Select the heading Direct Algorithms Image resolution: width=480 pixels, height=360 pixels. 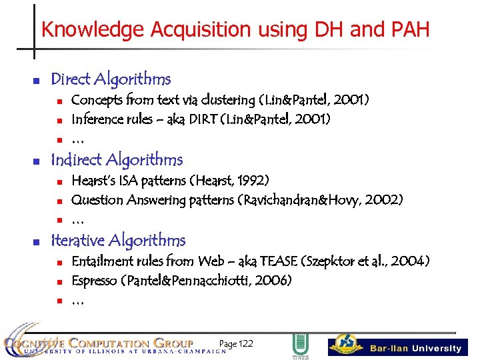pyautogui.click(x=111, y=79)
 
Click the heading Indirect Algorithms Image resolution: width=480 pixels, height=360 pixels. pyautogui.click(x=117, y=160)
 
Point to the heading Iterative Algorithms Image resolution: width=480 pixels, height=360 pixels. pyautogui.click(x=118, y=241)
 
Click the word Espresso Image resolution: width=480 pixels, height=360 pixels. pyautogui.click(x=95, y=281)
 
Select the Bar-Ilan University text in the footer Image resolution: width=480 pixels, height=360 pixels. pyautogui.click(x=415, y=349)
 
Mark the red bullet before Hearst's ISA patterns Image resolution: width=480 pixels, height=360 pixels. pyautogui.click(x=59, y=182)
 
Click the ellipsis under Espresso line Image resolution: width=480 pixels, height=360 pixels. pyautogui.click(x=77, y=301)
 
